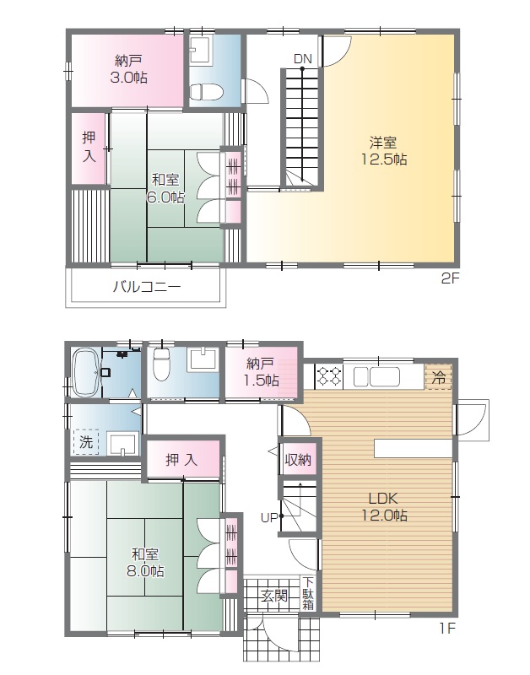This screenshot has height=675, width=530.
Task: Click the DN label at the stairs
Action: tap(303, 59)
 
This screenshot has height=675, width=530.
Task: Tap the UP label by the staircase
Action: tap(269, 518)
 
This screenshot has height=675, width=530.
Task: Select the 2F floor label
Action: tap(451, 279)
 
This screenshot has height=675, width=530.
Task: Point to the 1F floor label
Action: tap(447, 629)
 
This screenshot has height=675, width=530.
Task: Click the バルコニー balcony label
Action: tap(147, 287)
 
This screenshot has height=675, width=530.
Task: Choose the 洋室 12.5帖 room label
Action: tap(383, 151)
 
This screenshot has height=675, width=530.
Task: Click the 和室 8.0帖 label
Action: tap(144, 563)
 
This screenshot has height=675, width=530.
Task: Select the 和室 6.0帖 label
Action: tap(165, 188)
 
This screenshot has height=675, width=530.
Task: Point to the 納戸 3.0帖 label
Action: tap(129, 69)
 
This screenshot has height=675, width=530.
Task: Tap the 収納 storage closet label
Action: tap(298, 460)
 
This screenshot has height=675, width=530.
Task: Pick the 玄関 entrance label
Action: tap(274, 596)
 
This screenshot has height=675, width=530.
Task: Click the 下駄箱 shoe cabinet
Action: tap(308, 593)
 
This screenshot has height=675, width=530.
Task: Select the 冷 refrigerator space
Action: tap(438, 377)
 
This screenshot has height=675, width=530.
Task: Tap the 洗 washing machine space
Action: tap(86, 441)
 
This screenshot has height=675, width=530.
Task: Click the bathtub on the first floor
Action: tap(84, 372)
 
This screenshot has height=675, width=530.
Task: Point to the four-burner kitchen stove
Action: tap(329, 375)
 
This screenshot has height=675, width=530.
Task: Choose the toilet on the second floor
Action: tap(206, 91)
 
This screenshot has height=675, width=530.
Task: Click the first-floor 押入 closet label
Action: tap(181, 460)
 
